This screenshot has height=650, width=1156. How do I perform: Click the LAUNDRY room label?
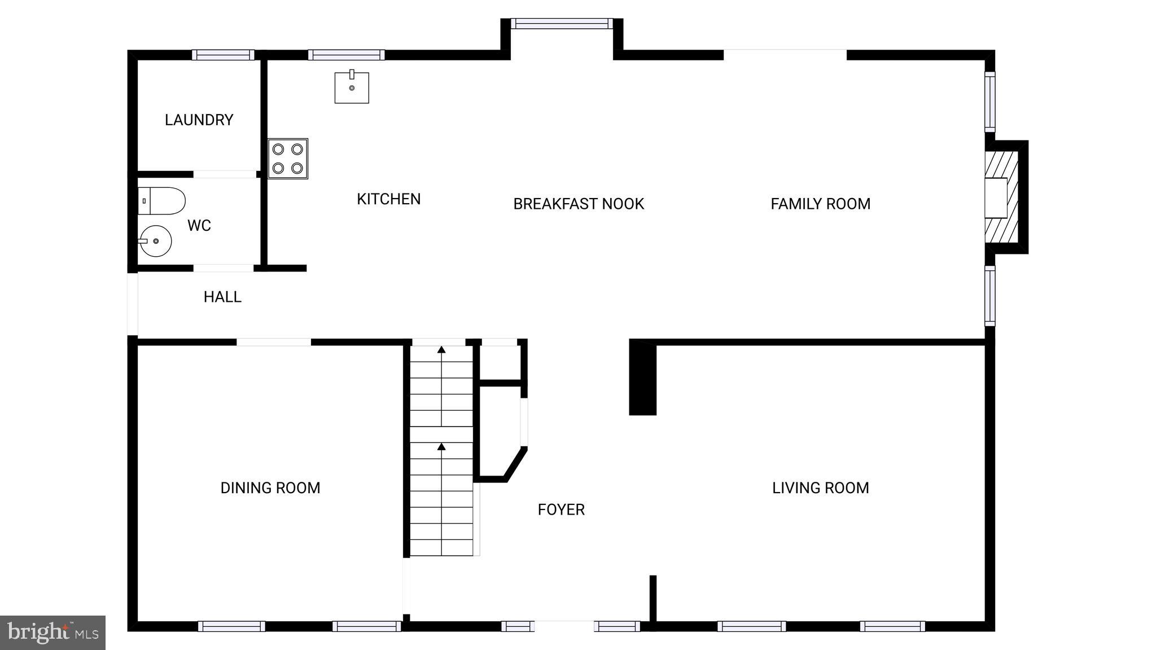click(x=199, y=120)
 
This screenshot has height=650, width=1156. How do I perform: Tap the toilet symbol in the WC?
click(x=161, y=201)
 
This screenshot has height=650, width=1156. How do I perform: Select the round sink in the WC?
click(x=155, y=241)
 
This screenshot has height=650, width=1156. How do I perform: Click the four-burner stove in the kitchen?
click(x=288, y=159)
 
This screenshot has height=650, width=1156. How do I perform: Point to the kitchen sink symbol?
click(x=352, y=87)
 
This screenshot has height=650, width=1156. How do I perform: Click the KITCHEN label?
click(x=388, y=199)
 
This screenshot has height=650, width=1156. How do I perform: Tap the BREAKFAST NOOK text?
click(x=579, y=204)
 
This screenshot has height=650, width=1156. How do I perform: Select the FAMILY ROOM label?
click(x=820, y=204)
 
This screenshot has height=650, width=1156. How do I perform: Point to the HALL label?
click(x=222, y=297)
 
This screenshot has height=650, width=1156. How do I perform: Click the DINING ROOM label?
click(x=270, y=488)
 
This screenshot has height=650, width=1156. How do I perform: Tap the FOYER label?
click(x=561, y=510)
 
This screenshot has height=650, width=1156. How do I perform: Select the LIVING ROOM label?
click(x=820, y=488)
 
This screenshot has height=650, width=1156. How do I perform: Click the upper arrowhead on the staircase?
click(x=441, y=350)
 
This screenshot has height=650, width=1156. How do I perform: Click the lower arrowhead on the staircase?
click(x=441, y=447)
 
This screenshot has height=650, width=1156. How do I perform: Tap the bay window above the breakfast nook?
click(x=562, y=24)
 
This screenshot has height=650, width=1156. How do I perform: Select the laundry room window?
click(x=223, y=55)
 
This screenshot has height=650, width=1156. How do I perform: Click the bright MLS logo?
click(x=52, y=633)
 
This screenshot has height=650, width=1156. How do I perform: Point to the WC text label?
click(x=199, y=226)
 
